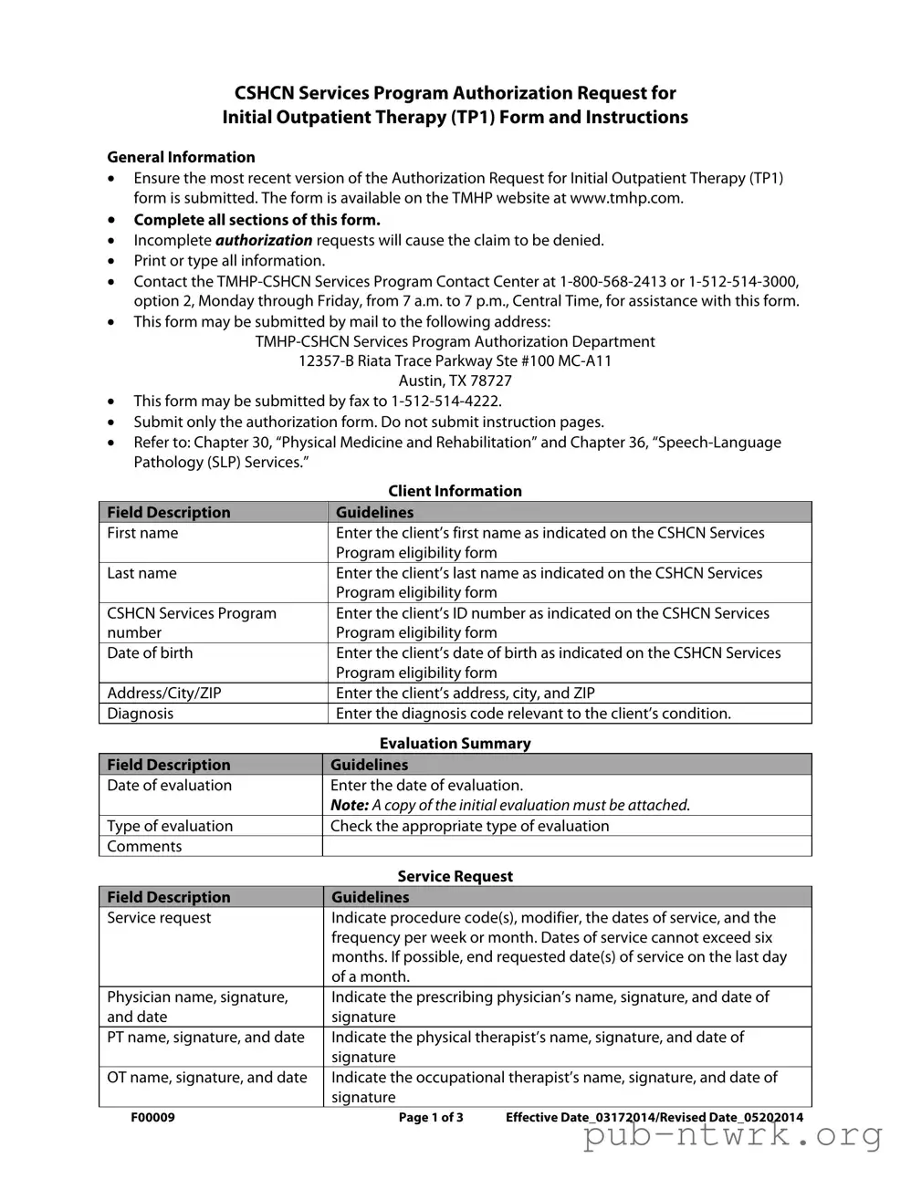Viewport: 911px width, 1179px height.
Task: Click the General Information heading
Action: (181, 157)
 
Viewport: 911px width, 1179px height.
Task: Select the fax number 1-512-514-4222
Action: (445, 401)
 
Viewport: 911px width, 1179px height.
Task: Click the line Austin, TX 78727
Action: (455, 381)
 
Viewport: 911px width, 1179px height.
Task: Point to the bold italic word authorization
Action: (264, 240)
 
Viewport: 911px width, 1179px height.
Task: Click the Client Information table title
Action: (455, 491)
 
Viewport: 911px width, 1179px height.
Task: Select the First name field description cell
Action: (142, 533)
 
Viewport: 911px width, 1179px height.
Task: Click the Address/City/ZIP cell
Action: (164, 693)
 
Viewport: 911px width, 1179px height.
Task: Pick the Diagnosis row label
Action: (140, 714)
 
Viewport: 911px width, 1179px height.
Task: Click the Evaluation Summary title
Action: (455, 744)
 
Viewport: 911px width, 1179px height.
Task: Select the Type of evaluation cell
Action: (170, 826)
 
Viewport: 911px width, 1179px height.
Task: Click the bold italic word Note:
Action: (349, 805)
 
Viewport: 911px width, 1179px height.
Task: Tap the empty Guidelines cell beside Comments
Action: (566, 846)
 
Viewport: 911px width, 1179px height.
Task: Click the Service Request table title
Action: (455, 876)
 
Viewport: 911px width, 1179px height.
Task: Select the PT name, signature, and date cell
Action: (205, 1038)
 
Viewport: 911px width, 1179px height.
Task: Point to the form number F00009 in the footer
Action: (152, 1118)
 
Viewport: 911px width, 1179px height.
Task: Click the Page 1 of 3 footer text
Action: (431, 1118)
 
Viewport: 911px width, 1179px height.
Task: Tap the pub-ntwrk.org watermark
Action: (732, 1136)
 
